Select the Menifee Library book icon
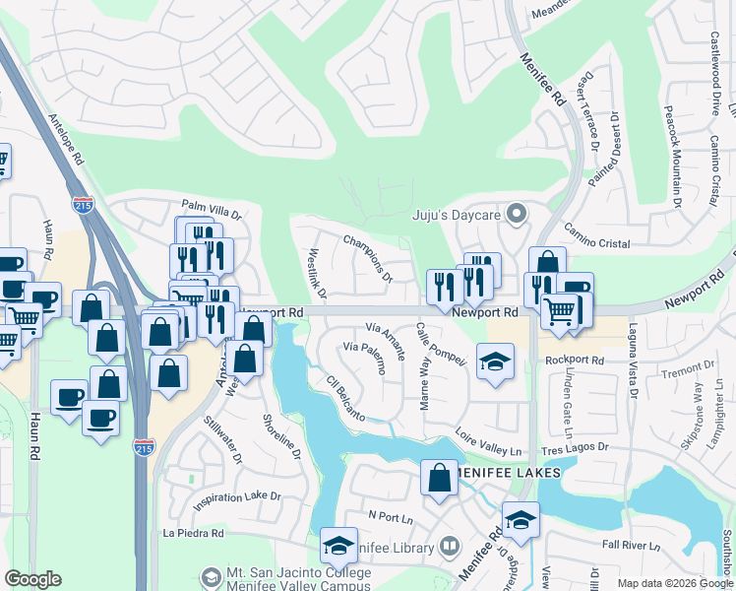pos(449,545)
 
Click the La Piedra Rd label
pos(194,533)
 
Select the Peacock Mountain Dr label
pos(675,158)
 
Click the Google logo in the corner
pos(32,579)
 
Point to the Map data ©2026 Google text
pos(674,583)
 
